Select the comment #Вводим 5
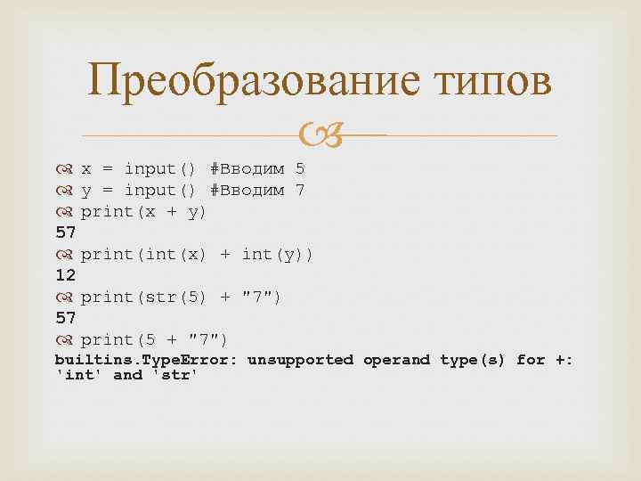tap(257, 168)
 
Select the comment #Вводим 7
tap(257, 190)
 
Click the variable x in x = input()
tap(85, 168)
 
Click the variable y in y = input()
tap(85, 191)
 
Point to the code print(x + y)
tap(143, 211)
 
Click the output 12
tap(65, 275)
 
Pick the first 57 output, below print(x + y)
tap(65, 232)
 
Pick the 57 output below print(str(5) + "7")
tap(65, 318)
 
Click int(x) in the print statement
tap(177, 254)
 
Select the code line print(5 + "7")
tap(154, 339)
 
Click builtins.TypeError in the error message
tap(146, 360)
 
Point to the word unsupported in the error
tap(301, 360)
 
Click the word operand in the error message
tap(396, 360)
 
